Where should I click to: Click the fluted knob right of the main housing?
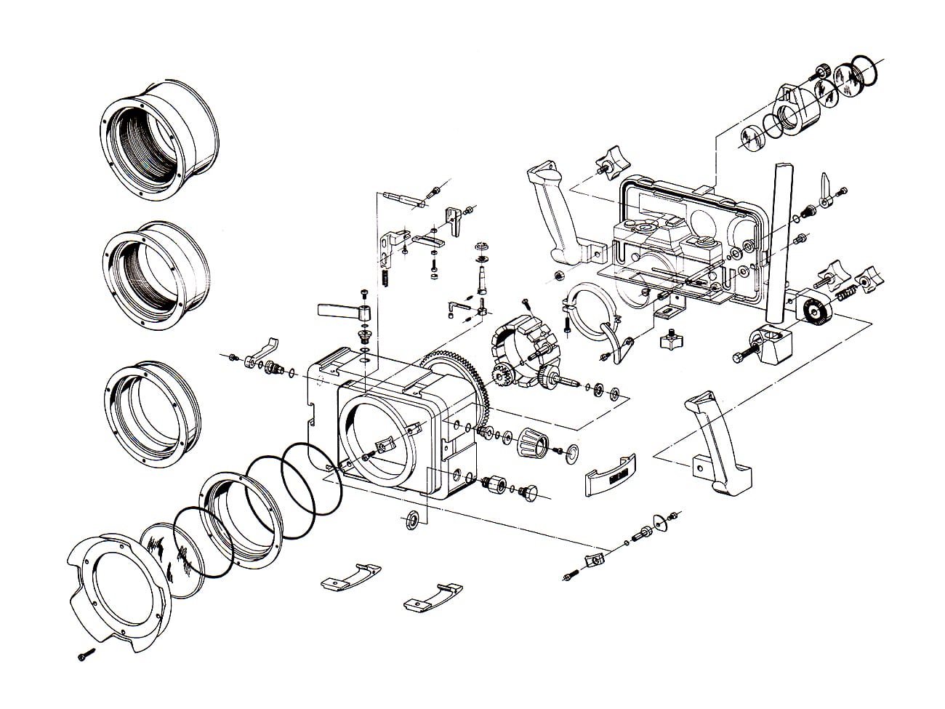[x=530, y=441]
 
